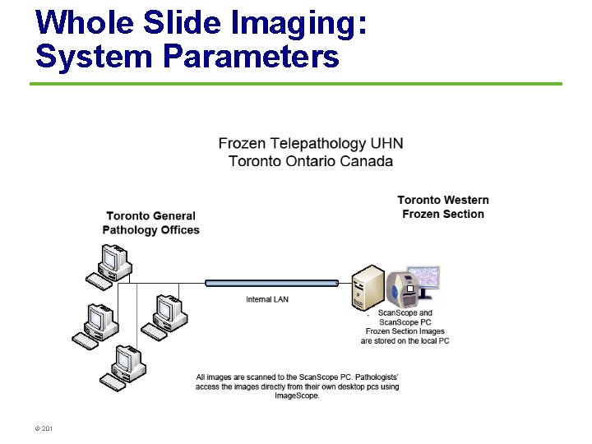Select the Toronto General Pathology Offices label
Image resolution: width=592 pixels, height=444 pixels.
pos(151,224)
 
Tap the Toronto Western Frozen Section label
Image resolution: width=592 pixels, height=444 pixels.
pos(443,207)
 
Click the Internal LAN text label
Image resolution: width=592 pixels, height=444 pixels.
pos(267,299)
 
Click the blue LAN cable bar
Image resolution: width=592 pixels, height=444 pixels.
pos(271,283)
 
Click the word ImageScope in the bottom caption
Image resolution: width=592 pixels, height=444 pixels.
pos(297,396)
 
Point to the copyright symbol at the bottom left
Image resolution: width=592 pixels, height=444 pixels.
pos(37,428)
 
